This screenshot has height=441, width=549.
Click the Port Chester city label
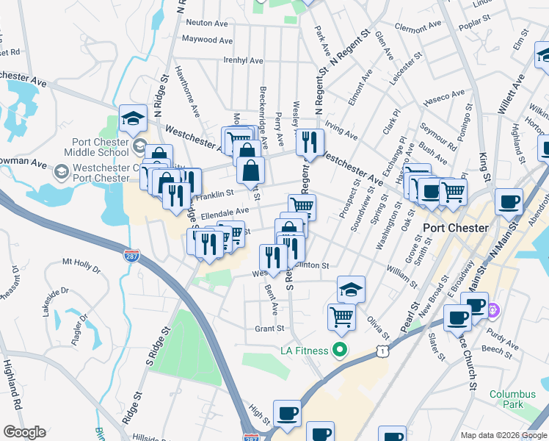(456, 228)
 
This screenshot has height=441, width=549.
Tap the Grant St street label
(269, 329)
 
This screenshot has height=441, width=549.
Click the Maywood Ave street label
(207, 40)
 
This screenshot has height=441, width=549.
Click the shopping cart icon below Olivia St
(342, 316)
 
